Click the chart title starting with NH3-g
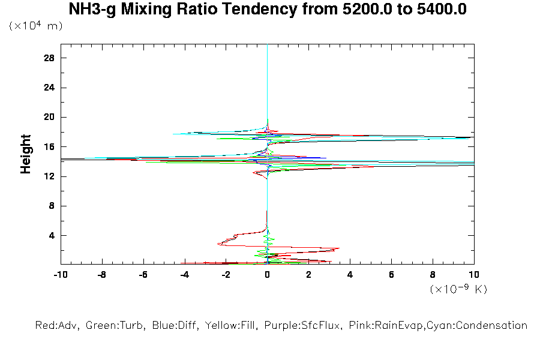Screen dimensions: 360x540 (268, 10)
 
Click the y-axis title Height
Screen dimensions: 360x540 (26, 154)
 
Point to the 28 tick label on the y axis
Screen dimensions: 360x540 (49, 58)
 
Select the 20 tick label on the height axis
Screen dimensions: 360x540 (49, 117)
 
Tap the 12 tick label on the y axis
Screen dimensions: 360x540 (49, 176)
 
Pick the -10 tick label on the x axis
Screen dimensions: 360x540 (60, 275)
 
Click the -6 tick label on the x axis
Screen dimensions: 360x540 (143, 275)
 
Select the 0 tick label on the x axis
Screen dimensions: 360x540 (268, 275)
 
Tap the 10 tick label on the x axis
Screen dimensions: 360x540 (474, 275)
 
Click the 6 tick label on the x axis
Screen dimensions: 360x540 (391, 275)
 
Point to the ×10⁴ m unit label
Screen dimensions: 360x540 (35, 26)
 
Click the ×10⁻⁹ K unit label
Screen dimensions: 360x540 (458, 289)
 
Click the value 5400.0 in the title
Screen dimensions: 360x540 (437, 10)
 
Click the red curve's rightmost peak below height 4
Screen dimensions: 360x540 (339, 248)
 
